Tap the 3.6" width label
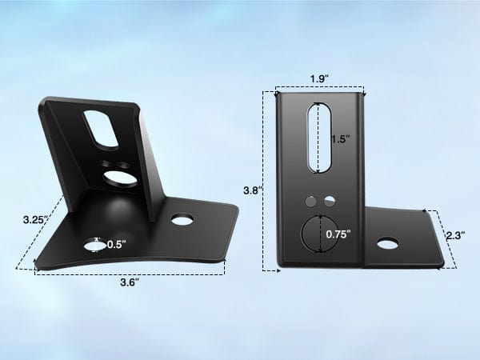click(130, 281)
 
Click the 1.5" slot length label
click(340, 138)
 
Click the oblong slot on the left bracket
click(103, 128)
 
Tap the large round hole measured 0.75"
click(318, 234)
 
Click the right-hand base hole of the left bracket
click(182, 218)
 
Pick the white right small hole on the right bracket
click(328, 200)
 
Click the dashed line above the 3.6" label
click(130, 270)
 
